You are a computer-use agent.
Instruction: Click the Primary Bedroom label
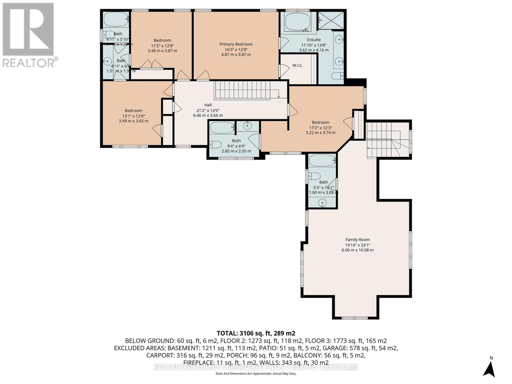pos(236,44)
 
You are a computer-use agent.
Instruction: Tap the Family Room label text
pos(357,240)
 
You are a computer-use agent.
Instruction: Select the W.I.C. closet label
pos(298,66)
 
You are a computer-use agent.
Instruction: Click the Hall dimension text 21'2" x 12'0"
pos(208,110)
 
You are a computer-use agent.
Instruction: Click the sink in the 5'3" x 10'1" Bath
pos(323,203)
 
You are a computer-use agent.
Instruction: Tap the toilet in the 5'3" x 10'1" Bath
pos(315,176)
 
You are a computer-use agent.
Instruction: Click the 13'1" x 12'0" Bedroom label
pos(133,111)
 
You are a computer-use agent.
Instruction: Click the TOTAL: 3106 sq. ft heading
pos(256,333)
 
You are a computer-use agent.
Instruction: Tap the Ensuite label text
pos(314,40)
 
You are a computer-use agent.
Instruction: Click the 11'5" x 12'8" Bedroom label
pos(162,40)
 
